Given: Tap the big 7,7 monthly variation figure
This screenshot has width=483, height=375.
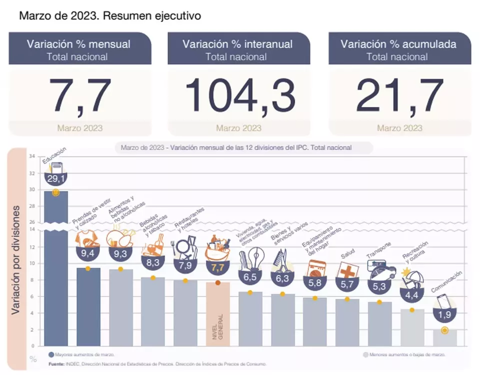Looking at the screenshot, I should [80, 96].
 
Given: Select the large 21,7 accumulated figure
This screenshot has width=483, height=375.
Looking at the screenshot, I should [400, 96].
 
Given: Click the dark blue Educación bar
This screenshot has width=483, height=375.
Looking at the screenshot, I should [56, 270].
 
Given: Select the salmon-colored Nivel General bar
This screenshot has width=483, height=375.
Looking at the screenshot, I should [218, 315].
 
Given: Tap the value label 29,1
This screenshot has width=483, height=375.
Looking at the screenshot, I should [56, 178].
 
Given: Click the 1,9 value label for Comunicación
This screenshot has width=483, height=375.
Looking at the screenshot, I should [444, 314].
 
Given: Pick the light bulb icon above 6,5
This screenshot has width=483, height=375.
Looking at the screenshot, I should [250, 258].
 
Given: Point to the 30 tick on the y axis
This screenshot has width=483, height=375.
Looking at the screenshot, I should [32, 190].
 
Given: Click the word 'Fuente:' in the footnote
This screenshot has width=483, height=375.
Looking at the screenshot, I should [56, 364].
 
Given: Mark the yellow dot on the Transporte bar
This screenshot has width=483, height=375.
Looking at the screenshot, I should [379, 302].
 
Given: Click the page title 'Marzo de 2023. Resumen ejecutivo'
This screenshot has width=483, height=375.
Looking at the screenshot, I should [109, 16].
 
